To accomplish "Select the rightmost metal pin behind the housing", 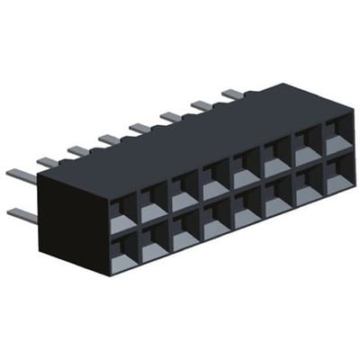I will (x=232, y=93).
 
